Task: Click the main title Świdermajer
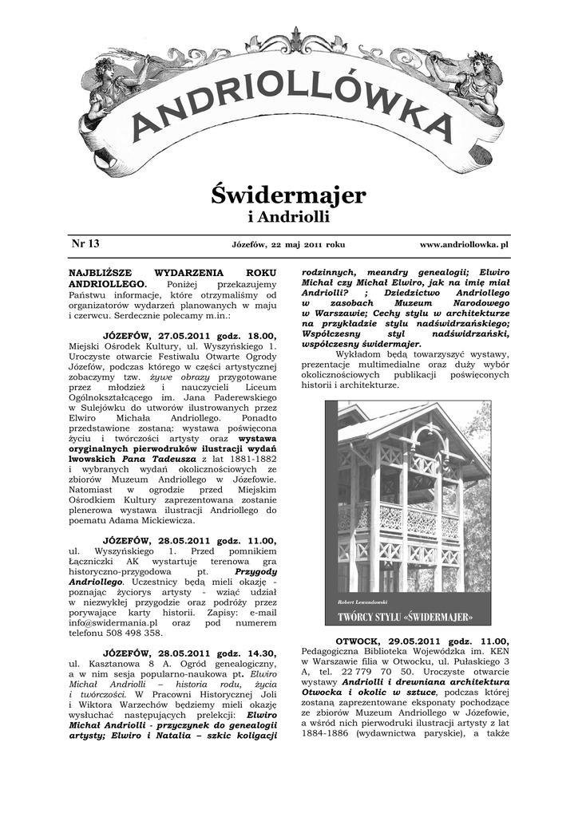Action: [x=288, y=194]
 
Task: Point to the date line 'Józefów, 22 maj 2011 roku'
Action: [x=288, y=244]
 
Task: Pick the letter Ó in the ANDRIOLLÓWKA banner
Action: [x=342, y=85]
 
